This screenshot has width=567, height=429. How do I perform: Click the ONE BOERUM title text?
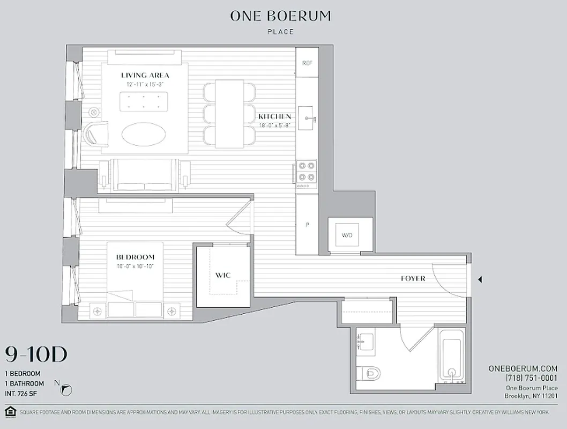tap(280, 16)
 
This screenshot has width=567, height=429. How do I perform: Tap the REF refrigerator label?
tap(307, 63)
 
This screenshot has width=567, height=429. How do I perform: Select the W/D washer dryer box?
tap(347, 235)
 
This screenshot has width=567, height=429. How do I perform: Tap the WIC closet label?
tap(223, 275)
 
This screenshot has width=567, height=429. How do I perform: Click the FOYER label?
tap(413, 278)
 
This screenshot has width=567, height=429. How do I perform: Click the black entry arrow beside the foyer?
tap(480, 279)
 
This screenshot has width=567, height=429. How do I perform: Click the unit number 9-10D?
tap(36, 354)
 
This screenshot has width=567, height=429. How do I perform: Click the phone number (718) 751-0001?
tap(531, 378)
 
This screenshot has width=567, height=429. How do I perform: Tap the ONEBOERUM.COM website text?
tap(523, 368)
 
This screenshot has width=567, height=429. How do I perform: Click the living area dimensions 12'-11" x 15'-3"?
tap(145, 85)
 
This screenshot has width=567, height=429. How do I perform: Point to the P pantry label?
tap(307, 225)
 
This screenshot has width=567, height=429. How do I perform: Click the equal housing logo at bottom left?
tap(9, 411)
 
